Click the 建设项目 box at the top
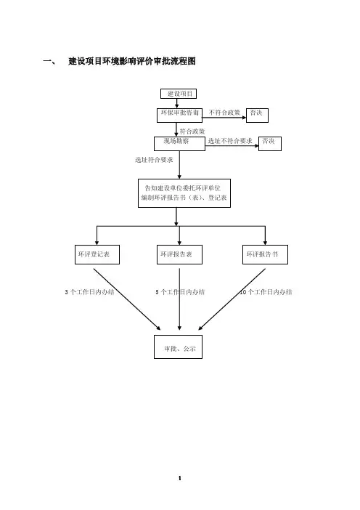(x=179, y=94)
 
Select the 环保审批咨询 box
(x=179, y=116)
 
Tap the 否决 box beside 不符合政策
(x=257, y=116)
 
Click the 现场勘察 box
(x=179, y=144)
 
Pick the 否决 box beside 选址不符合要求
(x=270, y=144)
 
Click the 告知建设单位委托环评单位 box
(x=184, y=193)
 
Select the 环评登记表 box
(x=97, y=254)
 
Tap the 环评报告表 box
(x=179, y=254)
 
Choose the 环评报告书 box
(x=265, y=254)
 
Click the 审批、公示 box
(x=178, y=347)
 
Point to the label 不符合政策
(x=224, y=113)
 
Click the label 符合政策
(x=192, y=131)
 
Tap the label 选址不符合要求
(x=230, y=141)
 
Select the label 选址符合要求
(x=154, y=160)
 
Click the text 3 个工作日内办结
(x=89, y=292)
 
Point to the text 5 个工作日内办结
(x=180, y=292)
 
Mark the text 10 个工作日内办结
(x=266, y=292)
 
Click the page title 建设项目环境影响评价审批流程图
(x=132, y=61)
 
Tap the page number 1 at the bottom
(x=180, y=478)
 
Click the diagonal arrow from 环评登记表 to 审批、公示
(x=127, y=299)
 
